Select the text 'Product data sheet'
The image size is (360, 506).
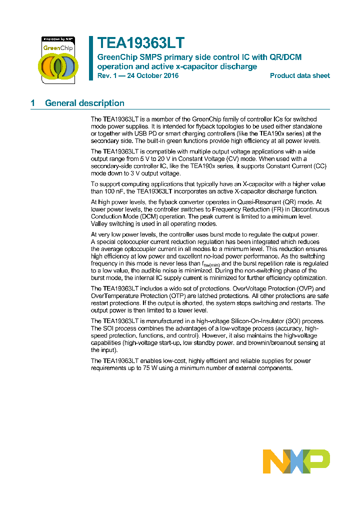pyautogui.click(x=299, y=75)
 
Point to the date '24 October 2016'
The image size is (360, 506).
pyautogui.click(x=152, y=75)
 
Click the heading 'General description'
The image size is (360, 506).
pyautogui.click(x=84, y=103)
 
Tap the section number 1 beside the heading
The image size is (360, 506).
pyautogui.click(x=33, y=103)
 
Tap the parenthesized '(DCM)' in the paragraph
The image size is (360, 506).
pyautogui.click(x=143, y=216)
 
